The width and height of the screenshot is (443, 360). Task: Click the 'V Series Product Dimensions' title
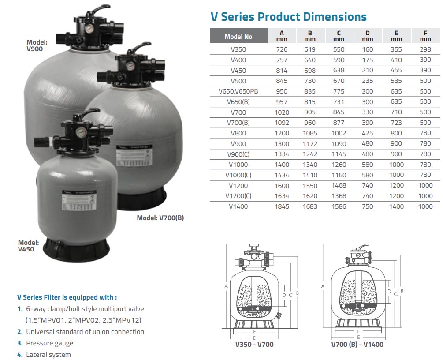pos(288,17)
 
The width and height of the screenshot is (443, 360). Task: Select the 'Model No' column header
pos(238,36)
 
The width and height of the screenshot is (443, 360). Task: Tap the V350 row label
pos(238,49)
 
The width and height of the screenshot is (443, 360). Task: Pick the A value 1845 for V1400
pos(282,206)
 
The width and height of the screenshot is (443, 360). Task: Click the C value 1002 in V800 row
pos(339,133)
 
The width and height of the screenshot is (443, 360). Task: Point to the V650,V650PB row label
pos(238,91)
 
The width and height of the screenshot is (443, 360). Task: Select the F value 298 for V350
pos(425,49)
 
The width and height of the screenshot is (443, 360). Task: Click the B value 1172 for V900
pos(310,144)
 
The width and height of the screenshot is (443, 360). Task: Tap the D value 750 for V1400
pos(367,206)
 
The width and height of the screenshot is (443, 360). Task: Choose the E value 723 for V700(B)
pos(396,123)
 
